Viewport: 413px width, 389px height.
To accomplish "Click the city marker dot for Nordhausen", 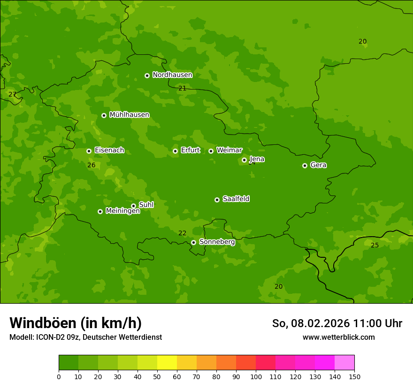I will (x=147, y=75).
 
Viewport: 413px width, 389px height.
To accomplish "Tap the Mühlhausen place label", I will (x=129, y=115).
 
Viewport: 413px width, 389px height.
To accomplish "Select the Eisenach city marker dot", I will (x=89, y=151).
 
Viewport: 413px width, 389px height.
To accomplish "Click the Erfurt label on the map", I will (x=190, y=150).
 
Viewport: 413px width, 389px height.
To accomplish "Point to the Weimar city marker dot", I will (x=211, y=151).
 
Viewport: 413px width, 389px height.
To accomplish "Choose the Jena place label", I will (x=257, y=159).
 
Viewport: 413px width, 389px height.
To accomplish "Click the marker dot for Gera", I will (x=305, y=165).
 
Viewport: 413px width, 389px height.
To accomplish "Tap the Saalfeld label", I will (x=236, y=199).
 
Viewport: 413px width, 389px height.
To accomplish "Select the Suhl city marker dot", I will (x=133, y=206).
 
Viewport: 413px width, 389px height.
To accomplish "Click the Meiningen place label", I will (x=122, y=211).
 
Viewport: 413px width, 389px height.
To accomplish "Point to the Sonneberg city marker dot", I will (x=193, y=242).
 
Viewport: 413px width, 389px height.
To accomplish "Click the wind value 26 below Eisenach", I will (x=91, y=165).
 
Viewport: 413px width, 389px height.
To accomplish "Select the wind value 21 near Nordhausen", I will (x=182, y=88).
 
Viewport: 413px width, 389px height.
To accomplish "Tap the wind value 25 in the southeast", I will (x=375, y=245).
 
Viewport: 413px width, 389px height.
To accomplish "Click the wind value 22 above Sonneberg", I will (x=182, y=233).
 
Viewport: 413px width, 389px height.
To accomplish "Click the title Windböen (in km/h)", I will (x=76, y=323).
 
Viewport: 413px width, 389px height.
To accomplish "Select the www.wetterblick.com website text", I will (x=338, y=337).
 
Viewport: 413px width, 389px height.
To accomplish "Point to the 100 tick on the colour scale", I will (x=256, y=376).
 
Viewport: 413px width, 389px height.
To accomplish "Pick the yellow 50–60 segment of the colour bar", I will (x=167, y=363).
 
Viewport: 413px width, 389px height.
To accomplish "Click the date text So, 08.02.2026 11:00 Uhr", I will (x=337, y=323).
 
